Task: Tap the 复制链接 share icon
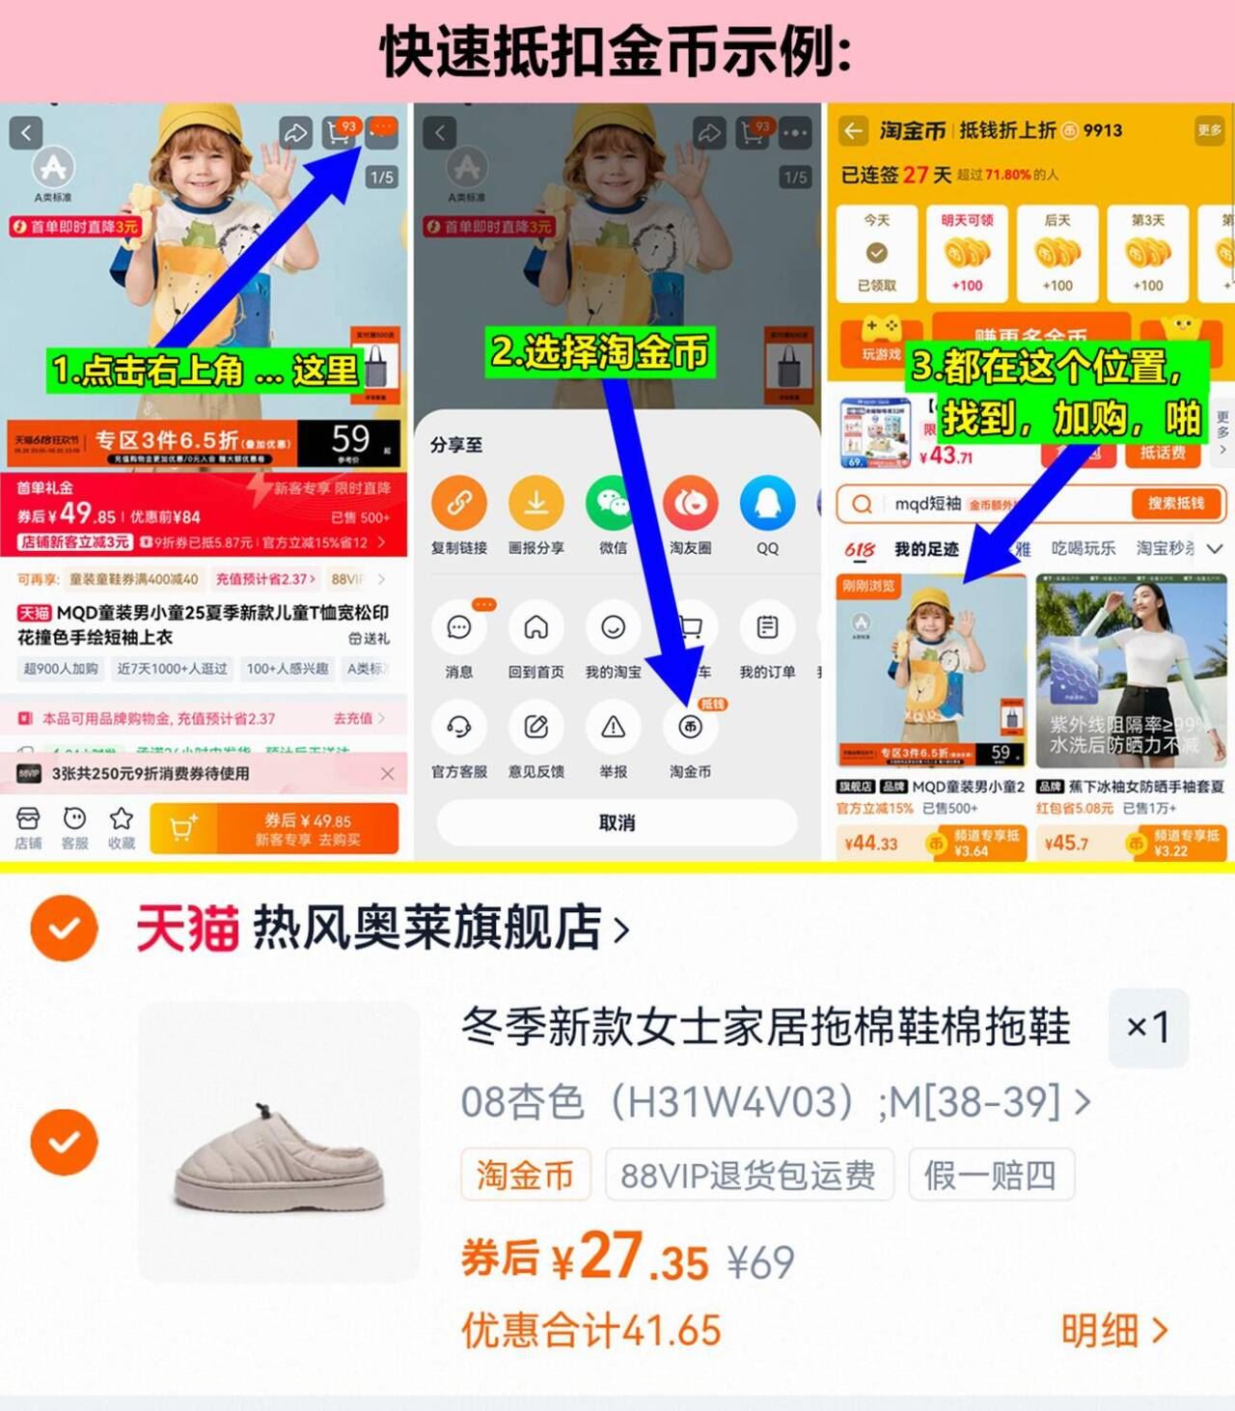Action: pos(458,503)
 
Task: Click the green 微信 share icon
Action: pos(613,503)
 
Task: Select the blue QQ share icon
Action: pos(767,503)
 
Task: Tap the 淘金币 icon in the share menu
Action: pos(690,728)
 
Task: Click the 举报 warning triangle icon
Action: pos(613,728)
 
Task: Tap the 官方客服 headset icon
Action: pos(458,728)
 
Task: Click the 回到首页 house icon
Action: pos(535,628)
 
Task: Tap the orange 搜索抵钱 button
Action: pos(1175,503)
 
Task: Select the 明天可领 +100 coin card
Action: pos(967,254)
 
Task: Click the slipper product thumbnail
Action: pos(279,1142)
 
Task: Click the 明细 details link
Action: pos(1114,1331)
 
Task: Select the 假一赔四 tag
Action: pos(990,1176)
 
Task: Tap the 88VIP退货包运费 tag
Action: pos(748,1176)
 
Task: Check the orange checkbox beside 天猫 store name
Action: pos(64,928)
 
